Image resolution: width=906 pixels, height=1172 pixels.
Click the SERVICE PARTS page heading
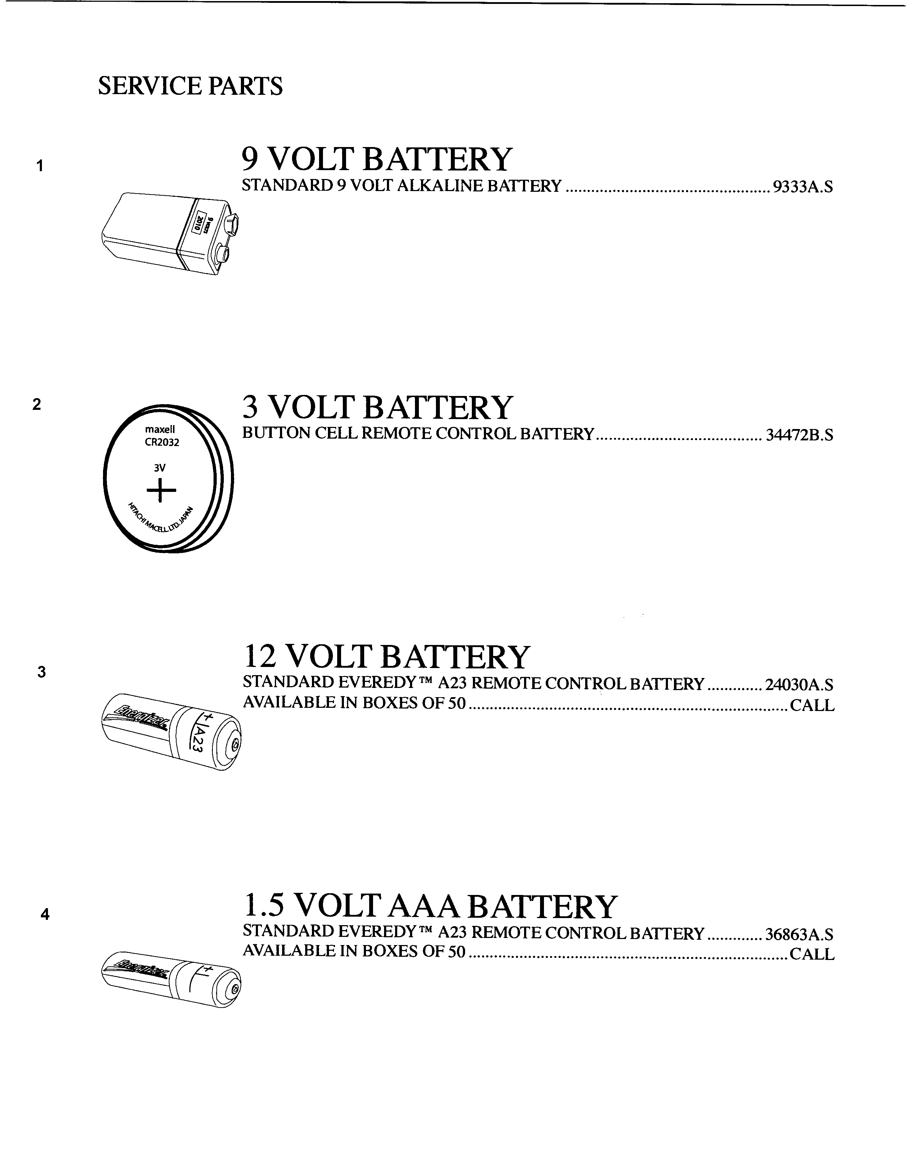[x=190, y=86]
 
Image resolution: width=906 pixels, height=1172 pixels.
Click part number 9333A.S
[x=802, y=187]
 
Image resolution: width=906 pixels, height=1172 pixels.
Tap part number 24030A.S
[x=799, y=685]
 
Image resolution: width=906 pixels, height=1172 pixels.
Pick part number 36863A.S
[x=799, y=935]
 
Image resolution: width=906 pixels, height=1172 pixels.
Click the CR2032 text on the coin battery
[x=162, y=443]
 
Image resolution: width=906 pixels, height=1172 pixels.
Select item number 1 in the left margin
[x=39, y=166]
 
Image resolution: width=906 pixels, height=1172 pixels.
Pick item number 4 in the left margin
[x=45, y=915]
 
